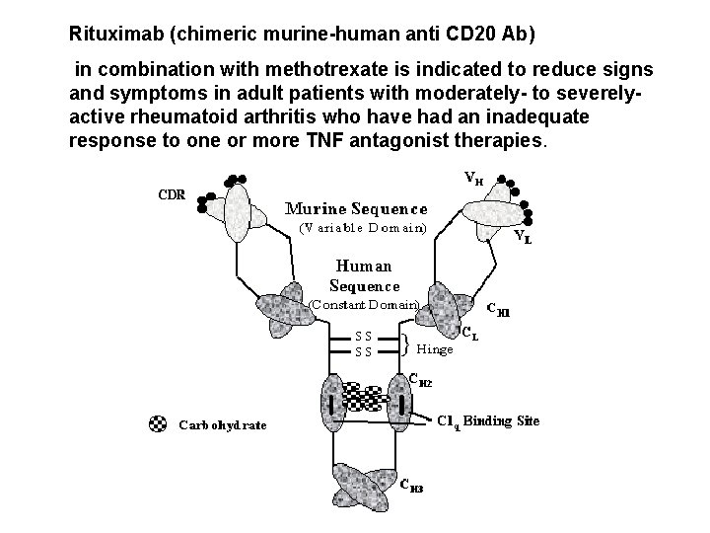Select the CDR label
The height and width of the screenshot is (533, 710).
174,193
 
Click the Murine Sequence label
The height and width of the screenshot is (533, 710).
356,209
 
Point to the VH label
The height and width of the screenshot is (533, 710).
473,179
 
